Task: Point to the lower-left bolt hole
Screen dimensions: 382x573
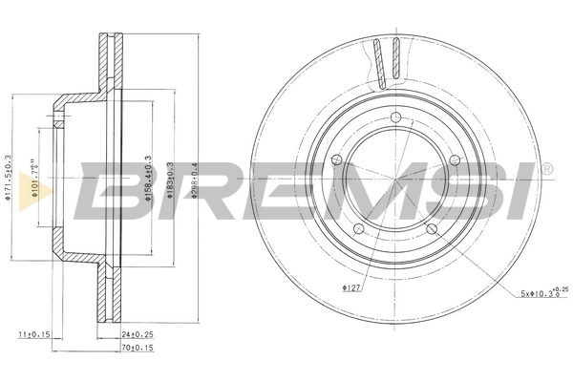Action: point(357,229)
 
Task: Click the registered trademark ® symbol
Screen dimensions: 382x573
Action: point(545,170)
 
